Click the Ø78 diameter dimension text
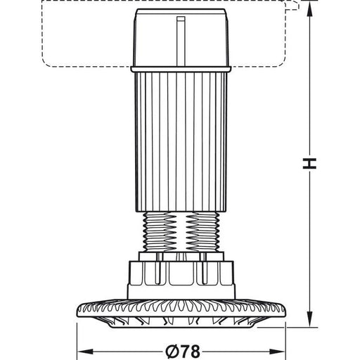(183, 352)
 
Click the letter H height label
(309, 164)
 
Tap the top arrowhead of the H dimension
(310, 9)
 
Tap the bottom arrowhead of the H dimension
(310, 319)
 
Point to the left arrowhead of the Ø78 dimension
(85, 352)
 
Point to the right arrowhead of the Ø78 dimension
(278, 352)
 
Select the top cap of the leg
(181, 37)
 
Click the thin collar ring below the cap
(181, 69)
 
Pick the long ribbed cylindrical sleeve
(181, 142)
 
